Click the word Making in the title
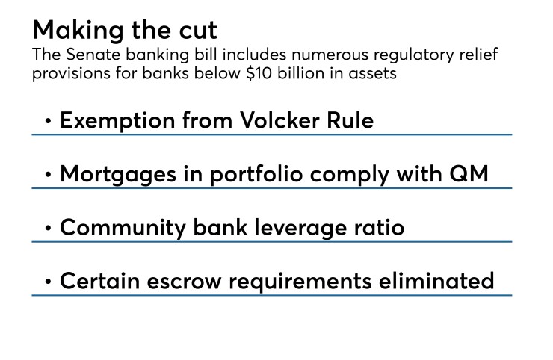[78, 31]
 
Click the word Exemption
[117, 121]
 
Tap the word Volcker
[280, 120]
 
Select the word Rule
[350, 120]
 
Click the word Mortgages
[118, 175]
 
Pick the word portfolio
[256, 175]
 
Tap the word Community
[123, 228]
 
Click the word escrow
[184, 282]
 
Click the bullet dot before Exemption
[49, 121]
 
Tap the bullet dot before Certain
[49, 282]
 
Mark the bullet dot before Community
[49, 228]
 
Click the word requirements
[300, 282]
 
